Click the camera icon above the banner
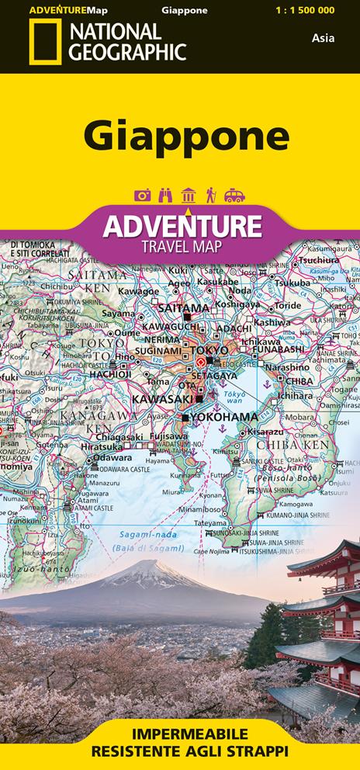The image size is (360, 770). (x=142, y=196)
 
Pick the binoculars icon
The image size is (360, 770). (x=165, y=196)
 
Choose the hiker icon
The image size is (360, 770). (x=210, y=196)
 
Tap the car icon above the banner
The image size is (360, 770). (x=234, y=196)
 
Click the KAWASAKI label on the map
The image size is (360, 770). (x=162, y=398)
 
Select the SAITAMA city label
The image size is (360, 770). (x=184, y=307)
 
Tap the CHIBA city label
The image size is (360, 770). (x=299, y=381)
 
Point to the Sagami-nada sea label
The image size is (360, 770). (x=147, y=535)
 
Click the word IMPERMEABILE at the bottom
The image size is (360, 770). (x=179, y=734)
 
